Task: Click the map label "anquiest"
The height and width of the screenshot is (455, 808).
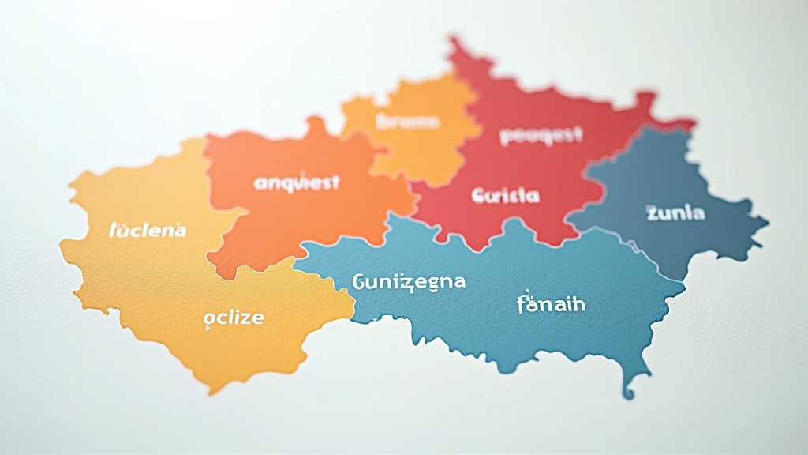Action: pyautogui.click(x=297, y=182)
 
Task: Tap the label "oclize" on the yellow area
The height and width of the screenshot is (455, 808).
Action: pyautogui.click(x=234, y=318)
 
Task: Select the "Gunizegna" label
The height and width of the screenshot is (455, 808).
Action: pyautogui.click(x=409, y=281)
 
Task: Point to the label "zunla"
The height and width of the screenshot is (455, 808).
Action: pyautogui.click(x=675, y=212)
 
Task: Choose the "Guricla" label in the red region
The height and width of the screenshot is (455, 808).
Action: pyautogui.click(x=505, y=195)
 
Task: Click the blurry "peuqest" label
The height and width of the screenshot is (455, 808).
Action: pyautogui.click(x=541, y=135)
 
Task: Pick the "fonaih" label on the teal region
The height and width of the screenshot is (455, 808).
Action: pyautogui.click(x=551, y=303)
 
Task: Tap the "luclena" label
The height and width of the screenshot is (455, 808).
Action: pyautogui.click(x=148, y=230)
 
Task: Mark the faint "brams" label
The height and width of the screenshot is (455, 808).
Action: pyautogui.click(x=408, y=122)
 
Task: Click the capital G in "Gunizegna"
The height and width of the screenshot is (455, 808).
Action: pyautogui.click(x=359, y=281)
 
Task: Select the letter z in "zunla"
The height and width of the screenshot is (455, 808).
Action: pyautogui.click(x=652, y=212)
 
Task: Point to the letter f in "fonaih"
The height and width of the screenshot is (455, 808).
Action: pyautogui.click(x=522, y=303)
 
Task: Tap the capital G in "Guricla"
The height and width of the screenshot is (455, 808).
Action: pyautogui.click(x=477, y=195)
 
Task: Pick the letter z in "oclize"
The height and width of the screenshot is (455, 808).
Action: pyautogui.click(x=246, y=318)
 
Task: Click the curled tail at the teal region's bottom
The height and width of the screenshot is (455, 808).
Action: pyautogui.click(x=629, y=391)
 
